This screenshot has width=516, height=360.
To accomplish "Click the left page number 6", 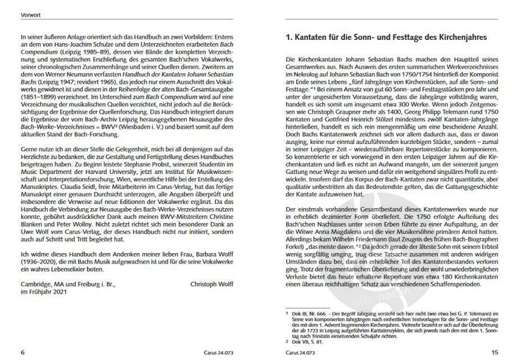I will point(22,352).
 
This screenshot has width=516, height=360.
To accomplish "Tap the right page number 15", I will point(494,352).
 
